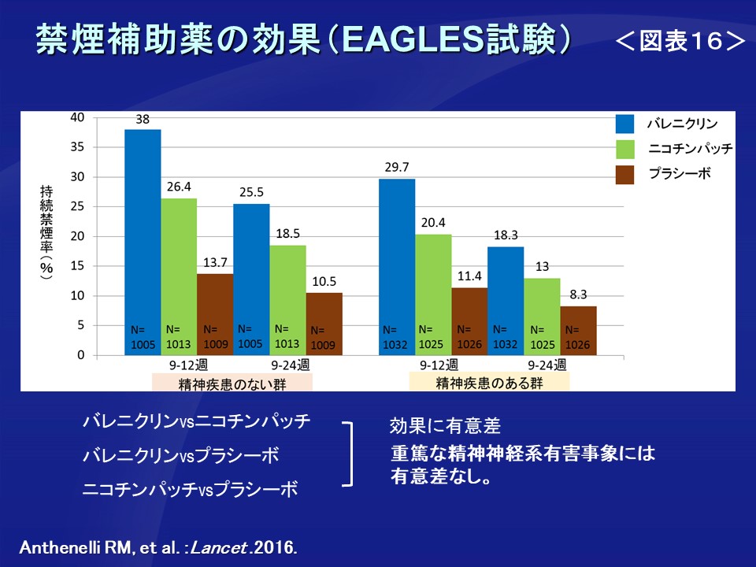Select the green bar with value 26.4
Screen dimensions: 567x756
click(179, 276)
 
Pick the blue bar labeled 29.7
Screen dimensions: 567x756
click(397, 267)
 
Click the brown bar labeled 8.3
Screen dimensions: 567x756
click(578, 331)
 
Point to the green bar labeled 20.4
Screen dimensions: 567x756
click(433, 295)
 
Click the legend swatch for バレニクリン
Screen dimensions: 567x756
click(625, 124)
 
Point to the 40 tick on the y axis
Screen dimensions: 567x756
click(77, 117)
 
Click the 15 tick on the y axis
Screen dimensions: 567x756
click(77, 266)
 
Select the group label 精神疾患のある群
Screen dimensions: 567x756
click(489, 383)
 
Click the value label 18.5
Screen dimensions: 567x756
click(287, 234)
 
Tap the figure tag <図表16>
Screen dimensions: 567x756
click(680, 42)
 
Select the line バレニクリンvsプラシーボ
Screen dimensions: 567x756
click(181, 455)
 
